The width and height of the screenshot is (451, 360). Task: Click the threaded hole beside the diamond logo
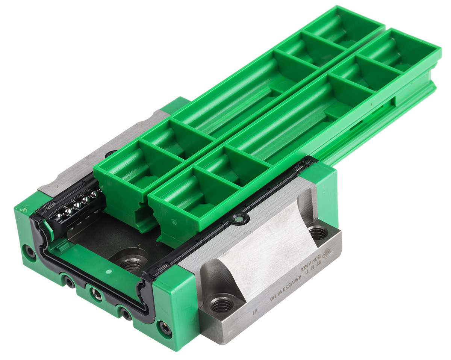click(x=318, y=233)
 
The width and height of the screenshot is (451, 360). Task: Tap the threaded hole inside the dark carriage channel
click(x=132, y=263)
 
